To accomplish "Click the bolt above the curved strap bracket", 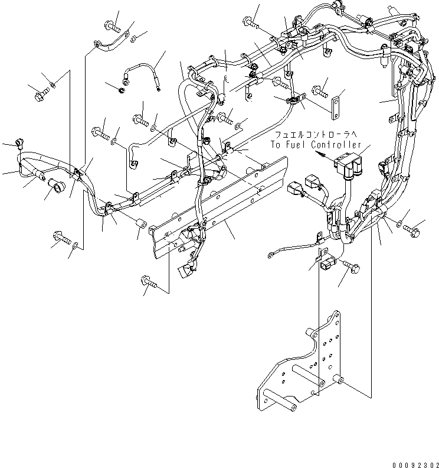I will (112, 25).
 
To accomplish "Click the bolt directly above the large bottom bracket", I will (352, 267).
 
